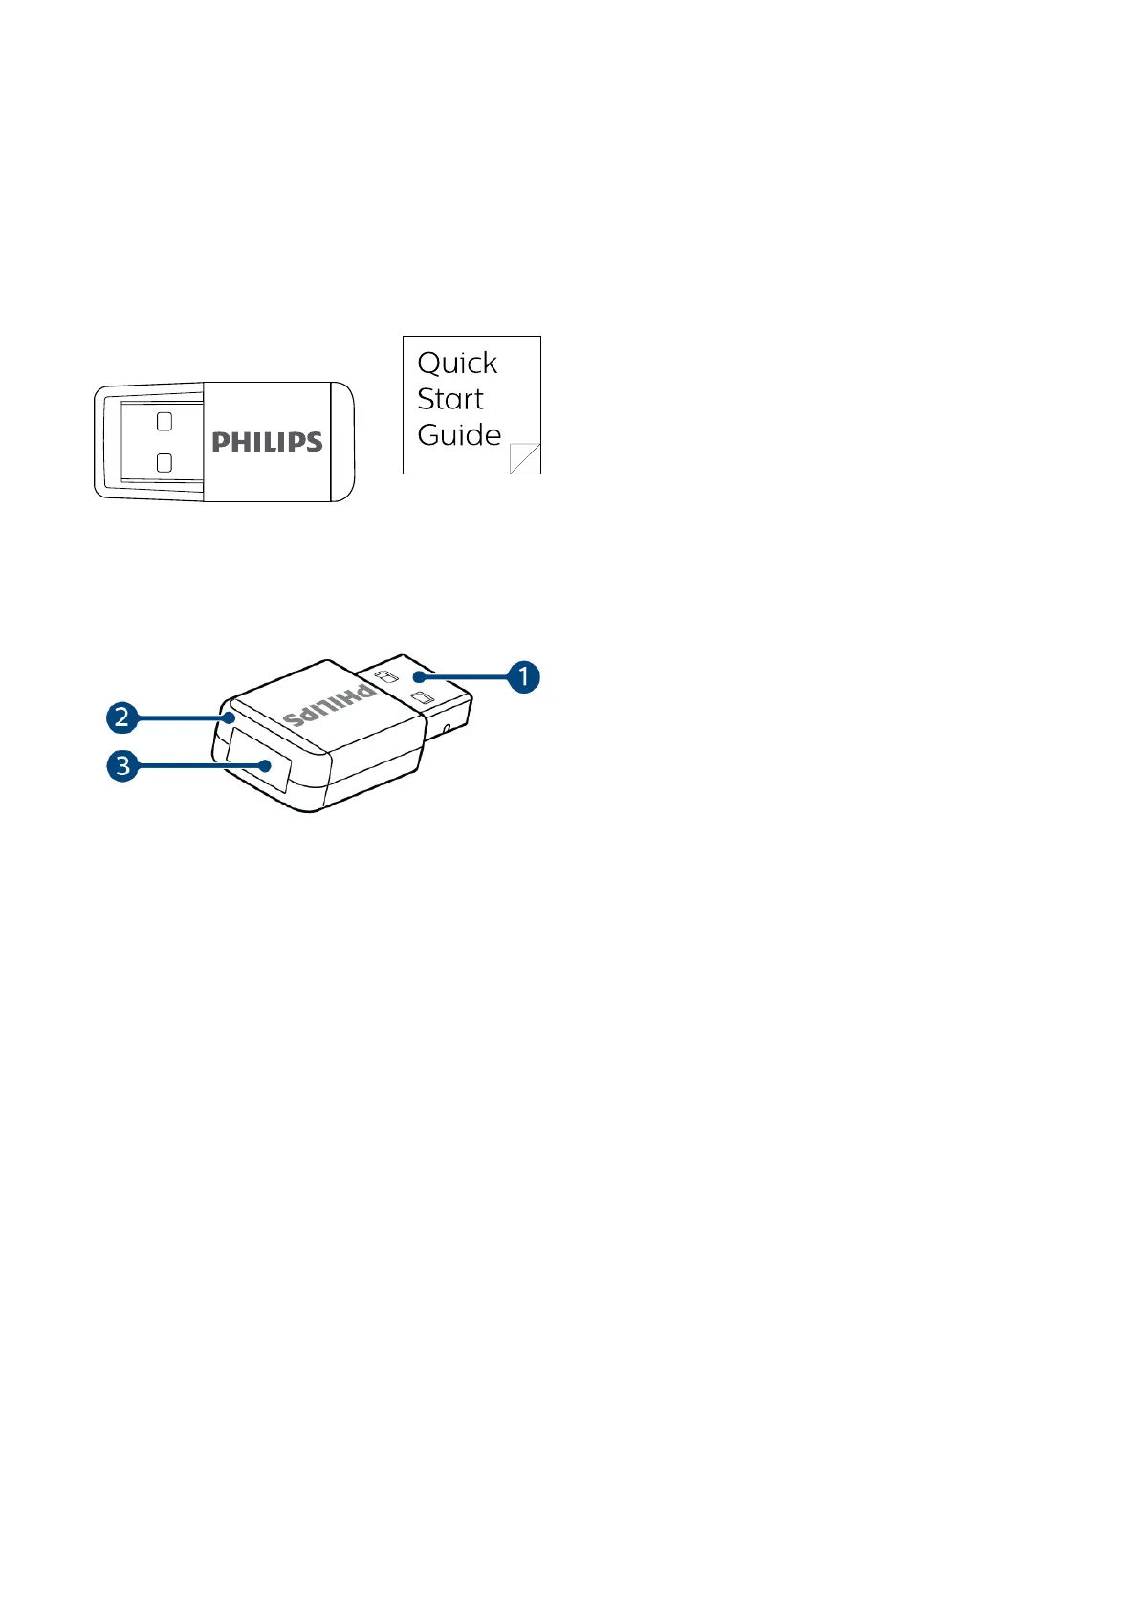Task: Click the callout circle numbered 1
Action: pyautogui.click(x=523, y=676)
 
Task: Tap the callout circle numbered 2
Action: pyautogui.click(x=121, y=717)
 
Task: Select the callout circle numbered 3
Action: pyautogui.click(x=122, y=765)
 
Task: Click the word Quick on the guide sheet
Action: pyautogui.click(x=457, y=364)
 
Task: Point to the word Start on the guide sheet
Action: pyautogui.click(x=450, y=399)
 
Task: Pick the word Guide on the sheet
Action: pyautogui.click(x=459, y=435)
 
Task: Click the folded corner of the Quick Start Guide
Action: pyautogui.click(x=524, y=458)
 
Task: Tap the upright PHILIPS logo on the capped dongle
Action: pyautogui.click(x=267, y=442)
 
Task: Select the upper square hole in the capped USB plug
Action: pyautogui.click(x=164, y=420)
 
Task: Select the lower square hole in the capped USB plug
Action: pyautogui.click(x=164, y=463)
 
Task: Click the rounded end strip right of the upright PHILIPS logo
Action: pyautogui.click(x=342, y=442)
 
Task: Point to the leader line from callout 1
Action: pyautogui.click(x=469, y=677)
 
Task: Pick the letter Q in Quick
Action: pyautogui.click(x=429, y=364)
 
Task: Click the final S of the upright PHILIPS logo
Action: pyautogui.click(x=313, y=442)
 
